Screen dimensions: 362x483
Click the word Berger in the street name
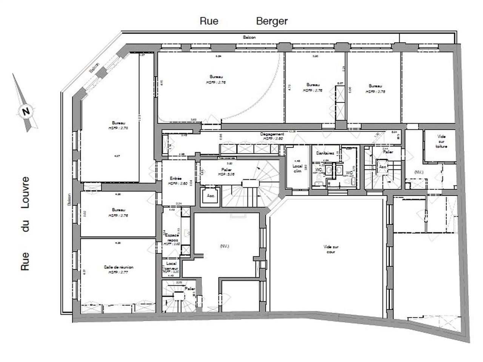pos(272,21)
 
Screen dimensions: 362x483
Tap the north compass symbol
pos(26,112)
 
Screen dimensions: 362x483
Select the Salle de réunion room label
pos(118,267)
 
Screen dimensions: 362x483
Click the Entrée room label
pos(176,179)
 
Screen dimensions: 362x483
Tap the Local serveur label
pos(171,266)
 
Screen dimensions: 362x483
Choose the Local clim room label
pos(297,168)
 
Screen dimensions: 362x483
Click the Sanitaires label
pos(325,153)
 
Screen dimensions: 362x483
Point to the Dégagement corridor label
pos(272,134)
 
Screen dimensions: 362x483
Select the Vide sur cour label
pos(331,249)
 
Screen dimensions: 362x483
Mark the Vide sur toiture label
pos(441,141)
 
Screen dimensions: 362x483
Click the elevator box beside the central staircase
pos(211,196)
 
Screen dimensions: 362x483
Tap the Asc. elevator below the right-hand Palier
pos(383,166)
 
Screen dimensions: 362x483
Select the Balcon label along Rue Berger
pos(249,37)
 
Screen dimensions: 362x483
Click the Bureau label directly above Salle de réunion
pos(118,210)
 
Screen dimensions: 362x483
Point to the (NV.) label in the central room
pos(224,246)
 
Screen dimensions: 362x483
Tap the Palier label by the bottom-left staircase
pos(190,288)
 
